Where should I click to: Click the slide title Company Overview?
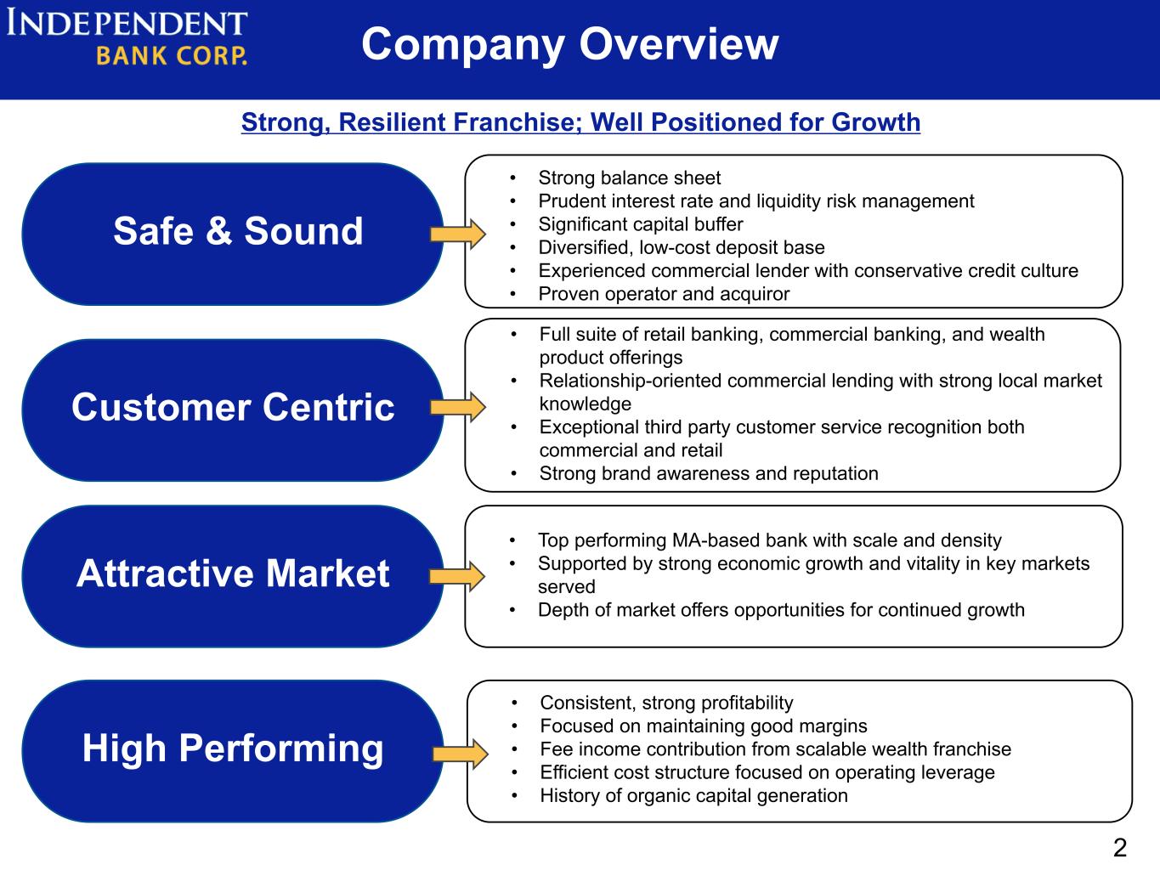coord(569,44)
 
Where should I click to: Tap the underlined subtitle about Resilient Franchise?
coord(580,122)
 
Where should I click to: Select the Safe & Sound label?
coord(238,231)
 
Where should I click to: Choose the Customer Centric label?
coord(233,408)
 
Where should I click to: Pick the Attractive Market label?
coord(233,573)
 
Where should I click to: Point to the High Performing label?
coord(233,749)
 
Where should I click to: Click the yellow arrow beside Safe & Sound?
coord(457,234)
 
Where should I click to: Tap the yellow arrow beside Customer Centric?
coord(457,407)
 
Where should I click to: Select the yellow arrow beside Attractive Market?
coord(457,577)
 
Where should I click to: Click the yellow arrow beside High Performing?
coord(460,754)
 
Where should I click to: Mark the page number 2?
coord(1119,847)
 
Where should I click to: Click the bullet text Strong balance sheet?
coord(629,178)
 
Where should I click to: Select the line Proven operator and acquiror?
coord(664,294)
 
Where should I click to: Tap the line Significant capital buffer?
coord(640,224)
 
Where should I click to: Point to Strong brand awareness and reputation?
coord(709,473)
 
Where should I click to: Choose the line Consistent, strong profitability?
coord(666,703)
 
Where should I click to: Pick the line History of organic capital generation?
coord(693,795)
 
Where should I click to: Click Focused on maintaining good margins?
coord(704,726)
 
